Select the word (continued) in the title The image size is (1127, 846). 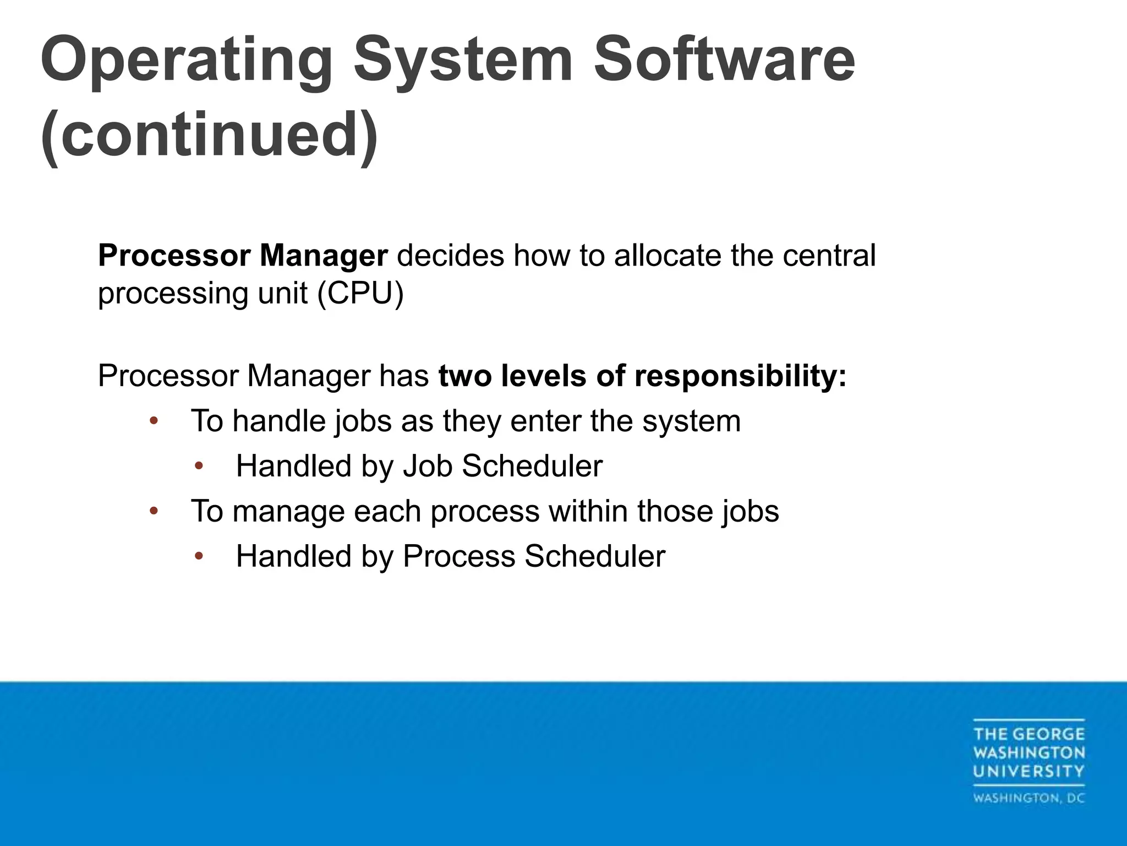210,135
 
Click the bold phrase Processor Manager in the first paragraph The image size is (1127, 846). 243,256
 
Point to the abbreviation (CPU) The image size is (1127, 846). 360,293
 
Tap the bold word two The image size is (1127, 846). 464,376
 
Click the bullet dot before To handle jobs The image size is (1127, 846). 154,421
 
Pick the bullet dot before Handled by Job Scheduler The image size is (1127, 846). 199,467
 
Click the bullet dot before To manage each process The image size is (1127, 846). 154,512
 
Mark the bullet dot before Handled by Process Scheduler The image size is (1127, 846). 199,557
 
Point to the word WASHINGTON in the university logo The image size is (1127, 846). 1028,752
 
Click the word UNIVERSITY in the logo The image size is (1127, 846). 1028,771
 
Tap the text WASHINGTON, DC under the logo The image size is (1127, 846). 1028,798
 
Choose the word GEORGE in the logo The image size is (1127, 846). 1048,734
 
